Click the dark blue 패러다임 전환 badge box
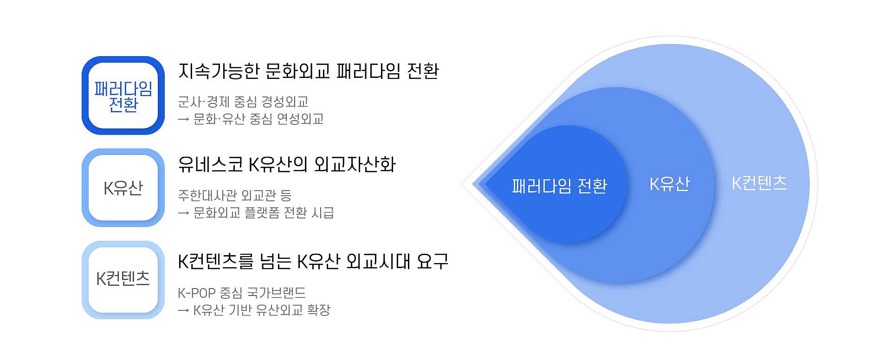(123, 96)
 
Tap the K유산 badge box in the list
(123, 187)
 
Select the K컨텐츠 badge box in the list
(123, 280)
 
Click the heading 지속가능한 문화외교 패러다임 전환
(309, 71)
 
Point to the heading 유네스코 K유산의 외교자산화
(287, 164)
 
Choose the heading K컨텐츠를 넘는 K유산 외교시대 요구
(313, 261)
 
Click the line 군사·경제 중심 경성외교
(243, 102)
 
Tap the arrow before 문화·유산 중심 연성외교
(184, 120)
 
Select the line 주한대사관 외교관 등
(235, 195)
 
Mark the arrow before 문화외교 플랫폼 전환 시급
(184, 213)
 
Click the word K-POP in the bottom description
(197, 293)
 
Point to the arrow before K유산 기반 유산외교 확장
(184, 310)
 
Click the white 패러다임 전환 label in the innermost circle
(559, 186)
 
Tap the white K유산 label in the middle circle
(669, 184)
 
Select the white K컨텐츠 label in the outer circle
(759, 183)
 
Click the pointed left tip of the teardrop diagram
(461, 184)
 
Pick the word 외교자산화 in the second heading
(355, 164)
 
